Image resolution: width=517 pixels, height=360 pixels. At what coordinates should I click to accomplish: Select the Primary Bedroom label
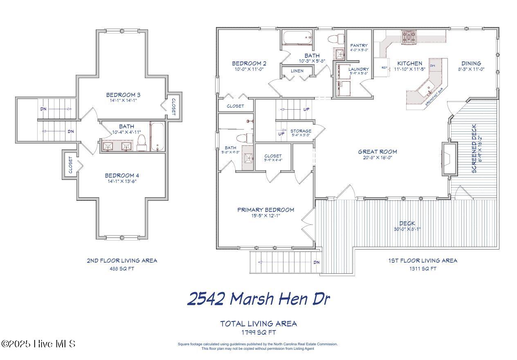265,210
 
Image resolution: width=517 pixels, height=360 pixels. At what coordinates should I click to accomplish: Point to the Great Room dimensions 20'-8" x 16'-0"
377,157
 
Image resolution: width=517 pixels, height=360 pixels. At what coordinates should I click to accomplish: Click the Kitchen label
409,63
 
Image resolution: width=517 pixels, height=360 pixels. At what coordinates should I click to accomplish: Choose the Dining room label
471,63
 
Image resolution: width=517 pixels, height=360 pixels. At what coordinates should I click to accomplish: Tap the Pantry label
359,45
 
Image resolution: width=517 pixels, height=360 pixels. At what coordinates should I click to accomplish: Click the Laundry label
358,69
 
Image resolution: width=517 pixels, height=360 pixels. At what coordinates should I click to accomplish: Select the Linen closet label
297,71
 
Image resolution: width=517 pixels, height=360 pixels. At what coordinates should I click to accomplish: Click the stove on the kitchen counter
408,37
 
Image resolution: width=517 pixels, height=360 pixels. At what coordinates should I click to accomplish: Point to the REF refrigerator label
384,68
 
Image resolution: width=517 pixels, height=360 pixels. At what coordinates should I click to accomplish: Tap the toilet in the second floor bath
142,141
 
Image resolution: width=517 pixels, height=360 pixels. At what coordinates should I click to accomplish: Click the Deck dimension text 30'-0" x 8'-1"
407,229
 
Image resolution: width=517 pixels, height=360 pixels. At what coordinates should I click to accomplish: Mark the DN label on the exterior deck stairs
316,262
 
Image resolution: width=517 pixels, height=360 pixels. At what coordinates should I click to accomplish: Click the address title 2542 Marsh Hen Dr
258,299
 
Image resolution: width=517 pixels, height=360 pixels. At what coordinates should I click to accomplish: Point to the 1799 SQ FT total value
258,332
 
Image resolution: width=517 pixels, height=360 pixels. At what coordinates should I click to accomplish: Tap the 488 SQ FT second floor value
121,269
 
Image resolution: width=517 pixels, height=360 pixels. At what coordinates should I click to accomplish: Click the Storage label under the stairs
301,131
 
